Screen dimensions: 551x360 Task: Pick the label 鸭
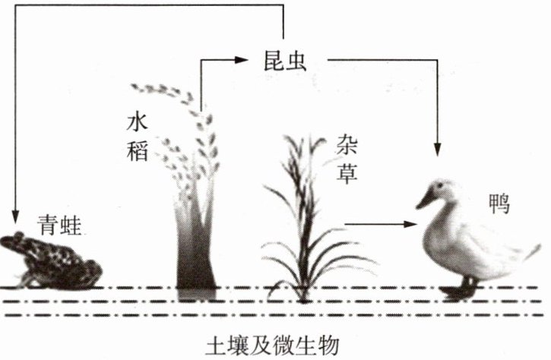(499, 204)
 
